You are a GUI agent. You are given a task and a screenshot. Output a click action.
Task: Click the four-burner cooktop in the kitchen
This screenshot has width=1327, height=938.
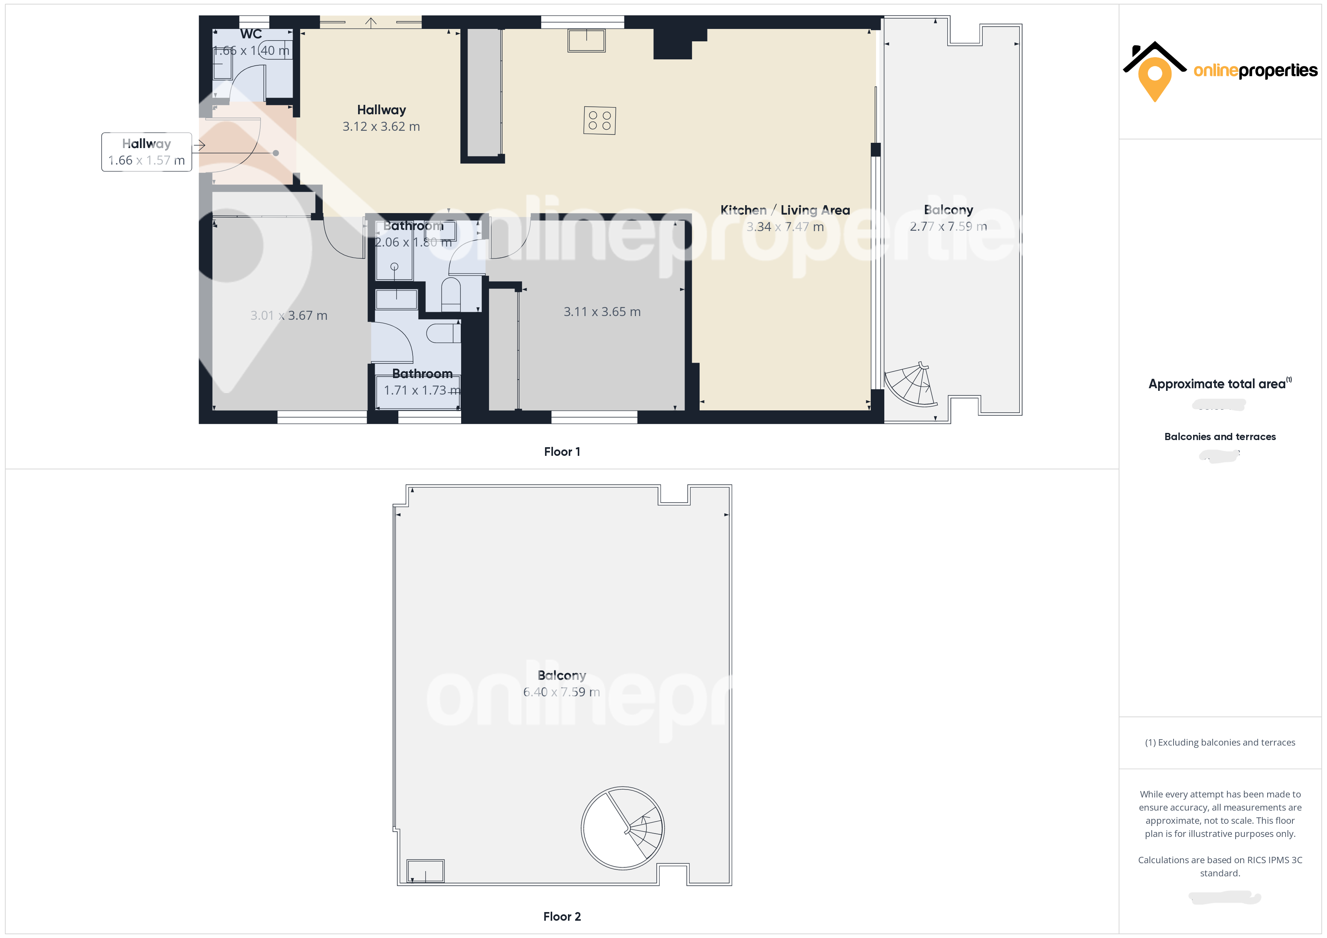click(x=599, y=121)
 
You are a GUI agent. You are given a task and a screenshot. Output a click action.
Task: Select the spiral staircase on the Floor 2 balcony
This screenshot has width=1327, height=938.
click(x=623, y=828)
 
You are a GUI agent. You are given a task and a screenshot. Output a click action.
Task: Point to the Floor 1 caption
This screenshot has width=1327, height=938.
click(x=562, y=452)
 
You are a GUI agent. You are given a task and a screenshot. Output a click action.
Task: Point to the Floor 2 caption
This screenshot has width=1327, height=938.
click(x=562, y=917)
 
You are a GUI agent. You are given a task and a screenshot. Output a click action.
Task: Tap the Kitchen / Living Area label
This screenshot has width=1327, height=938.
click(x=785, y=210)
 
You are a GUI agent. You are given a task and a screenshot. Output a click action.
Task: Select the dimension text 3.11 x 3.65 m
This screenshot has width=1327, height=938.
click(x=602, y=312)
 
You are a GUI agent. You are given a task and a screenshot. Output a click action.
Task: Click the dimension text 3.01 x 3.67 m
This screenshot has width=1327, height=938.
click(x=288, y=315)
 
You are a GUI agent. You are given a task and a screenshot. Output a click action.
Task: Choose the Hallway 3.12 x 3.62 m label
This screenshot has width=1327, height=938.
click(x=381, y=118)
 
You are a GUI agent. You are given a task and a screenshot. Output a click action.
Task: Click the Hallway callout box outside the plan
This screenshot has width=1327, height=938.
click(x=146, y=152)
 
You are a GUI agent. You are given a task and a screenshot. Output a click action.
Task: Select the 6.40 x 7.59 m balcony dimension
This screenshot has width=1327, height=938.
click(x=561, y=692)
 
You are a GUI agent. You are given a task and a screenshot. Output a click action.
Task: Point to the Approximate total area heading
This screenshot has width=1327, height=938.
click(x=1217, y=384)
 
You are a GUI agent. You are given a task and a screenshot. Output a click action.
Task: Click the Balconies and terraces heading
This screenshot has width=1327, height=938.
click(x=1219, y=437)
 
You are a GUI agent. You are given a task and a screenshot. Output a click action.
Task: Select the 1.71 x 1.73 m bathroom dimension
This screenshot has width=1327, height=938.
click(x=422, y=390)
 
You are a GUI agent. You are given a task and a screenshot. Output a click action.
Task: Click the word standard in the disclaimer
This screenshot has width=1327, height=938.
click(x=1219, y=873)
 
